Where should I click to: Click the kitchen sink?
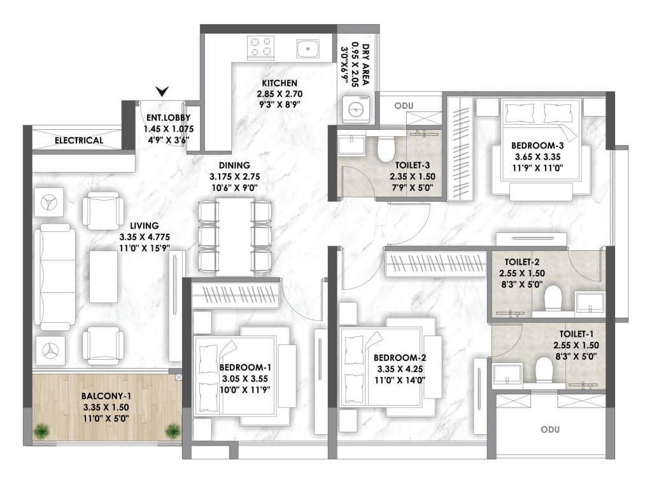308,48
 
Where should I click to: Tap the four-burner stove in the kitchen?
260,46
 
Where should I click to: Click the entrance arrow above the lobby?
162,91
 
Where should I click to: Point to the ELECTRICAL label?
79,141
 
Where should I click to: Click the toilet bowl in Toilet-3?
385,148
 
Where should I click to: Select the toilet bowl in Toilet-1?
544,370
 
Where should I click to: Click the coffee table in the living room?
104,276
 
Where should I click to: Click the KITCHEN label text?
280,83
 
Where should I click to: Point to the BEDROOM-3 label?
537,146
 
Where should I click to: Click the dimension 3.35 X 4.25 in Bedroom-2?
400,369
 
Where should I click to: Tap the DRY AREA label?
365,64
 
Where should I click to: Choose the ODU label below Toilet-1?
550,429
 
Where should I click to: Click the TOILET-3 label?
413,165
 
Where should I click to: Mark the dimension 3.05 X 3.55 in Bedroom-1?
245,379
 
